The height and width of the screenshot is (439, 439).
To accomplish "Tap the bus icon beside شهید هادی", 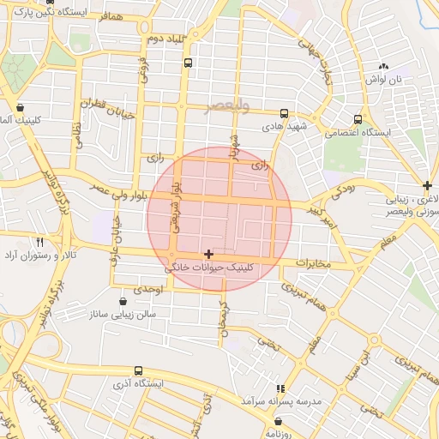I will [x=284, y=113].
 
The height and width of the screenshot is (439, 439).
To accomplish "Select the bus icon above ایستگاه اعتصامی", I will [x=358, y=119].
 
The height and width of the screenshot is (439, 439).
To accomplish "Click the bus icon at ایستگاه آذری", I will [x=139, y=371].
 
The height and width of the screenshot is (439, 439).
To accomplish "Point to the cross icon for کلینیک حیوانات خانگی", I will [x=208, y=254].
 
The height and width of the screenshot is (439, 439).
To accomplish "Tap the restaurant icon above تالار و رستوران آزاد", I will [x=39, y=242].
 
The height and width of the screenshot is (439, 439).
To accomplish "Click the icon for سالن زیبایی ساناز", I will [x=123, y=301].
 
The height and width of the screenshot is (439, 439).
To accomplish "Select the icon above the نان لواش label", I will [x=383, y=66].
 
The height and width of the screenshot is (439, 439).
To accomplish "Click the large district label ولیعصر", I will [x=228, y=107].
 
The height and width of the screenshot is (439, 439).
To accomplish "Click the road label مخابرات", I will [x=313, y=262].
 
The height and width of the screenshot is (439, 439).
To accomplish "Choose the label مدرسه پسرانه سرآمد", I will [x=274, y=401].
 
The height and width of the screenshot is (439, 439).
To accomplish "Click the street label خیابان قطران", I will [x=104, y=105].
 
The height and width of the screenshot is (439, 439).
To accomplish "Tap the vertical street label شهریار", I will [x=232, y=146].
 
